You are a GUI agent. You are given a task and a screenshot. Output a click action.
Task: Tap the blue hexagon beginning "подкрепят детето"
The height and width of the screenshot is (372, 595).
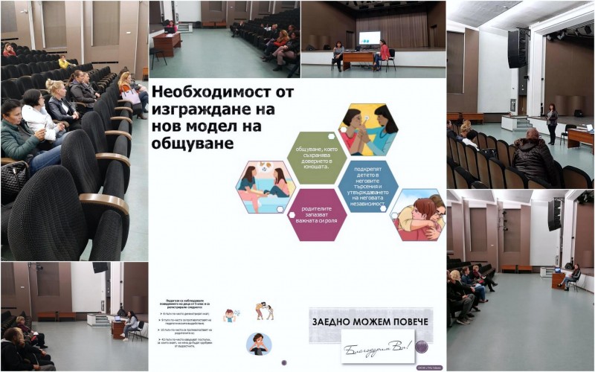click(367, 186)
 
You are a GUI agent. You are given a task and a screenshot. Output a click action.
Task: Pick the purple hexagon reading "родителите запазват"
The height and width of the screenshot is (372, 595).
click(316, 214)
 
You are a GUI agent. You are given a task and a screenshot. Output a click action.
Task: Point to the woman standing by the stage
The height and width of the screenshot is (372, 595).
click(551, 124)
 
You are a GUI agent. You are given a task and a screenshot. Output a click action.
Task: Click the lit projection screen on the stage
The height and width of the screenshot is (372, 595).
click(369, 38)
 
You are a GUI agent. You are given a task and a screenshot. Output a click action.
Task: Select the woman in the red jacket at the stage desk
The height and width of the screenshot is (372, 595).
click(384, 54)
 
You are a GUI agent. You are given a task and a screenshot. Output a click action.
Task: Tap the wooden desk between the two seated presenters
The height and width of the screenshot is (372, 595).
click(358, 60)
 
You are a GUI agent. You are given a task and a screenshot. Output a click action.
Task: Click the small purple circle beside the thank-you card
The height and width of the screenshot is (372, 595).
click(423, 346)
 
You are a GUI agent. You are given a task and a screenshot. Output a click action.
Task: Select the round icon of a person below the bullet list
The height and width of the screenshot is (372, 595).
click(259, 344)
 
